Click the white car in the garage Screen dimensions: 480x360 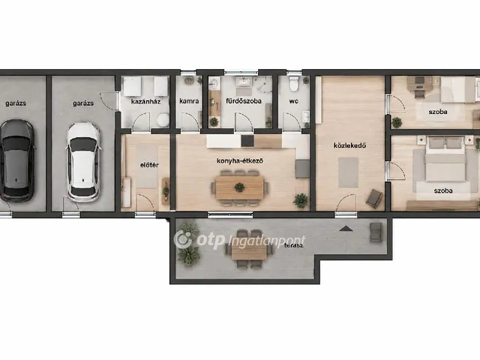pos(83,162)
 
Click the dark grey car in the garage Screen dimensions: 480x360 pos(16,160)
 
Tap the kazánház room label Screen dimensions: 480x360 pos(145,101)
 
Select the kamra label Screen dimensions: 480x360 pos(189,101)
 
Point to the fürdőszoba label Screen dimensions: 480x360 pos(243,101)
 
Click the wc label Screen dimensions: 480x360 pos(293,101)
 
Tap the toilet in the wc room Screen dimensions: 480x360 pos(294,84)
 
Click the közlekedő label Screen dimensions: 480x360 pos(349,145)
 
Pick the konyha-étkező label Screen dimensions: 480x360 pos(240,160)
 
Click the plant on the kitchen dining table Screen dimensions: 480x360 pos(239,187)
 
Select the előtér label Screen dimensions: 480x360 pos(149,165)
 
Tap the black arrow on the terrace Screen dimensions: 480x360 pos(344,228)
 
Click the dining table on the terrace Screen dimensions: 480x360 pos(249,253)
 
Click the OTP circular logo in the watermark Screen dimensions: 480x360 pos(183,240)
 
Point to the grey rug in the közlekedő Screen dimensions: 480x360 pos(348,172)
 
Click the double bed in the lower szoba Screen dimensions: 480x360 pos(445,160)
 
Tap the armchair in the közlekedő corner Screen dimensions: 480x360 pos(374,198)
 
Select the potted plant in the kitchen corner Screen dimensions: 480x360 pos(301,201)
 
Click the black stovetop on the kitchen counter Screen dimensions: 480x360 pos(247,141)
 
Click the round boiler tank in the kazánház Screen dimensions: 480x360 pos(163,120)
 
